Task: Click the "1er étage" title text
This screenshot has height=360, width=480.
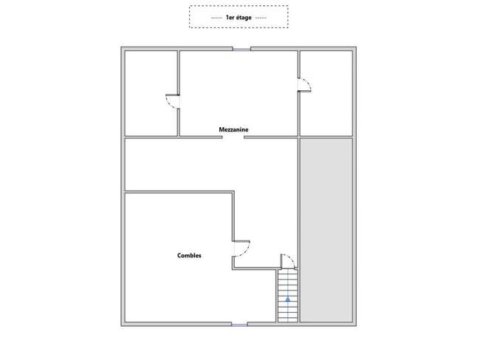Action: click(x=239, y=18)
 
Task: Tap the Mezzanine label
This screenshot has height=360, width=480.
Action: click(x=233, y=129)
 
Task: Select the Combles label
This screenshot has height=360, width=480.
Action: click(x=189, y=256)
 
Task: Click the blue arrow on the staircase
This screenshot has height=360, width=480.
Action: click(x=288, y=299)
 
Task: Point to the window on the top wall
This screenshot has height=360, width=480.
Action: click(x=241, y=49)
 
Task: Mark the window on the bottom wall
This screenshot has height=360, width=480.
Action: click(x=239, y=325)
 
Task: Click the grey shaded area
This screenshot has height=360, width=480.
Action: click(x=326, y=230)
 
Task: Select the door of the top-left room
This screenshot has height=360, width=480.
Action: click(x=173, y=101)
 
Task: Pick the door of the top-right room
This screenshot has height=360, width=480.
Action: click(x=304, y=85)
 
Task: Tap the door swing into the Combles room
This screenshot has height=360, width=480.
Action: click(x=241, y=248)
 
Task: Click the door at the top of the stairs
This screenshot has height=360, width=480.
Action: click(x=288, y=262)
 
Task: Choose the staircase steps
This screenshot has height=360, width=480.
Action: click(x=288, y=296)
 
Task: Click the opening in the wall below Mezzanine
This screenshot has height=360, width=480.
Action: click(x=233, y=137)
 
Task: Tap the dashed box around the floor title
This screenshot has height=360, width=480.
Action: click(x=239, y=6)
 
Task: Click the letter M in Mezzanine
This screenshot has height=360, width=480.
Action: click(x=222, y=129)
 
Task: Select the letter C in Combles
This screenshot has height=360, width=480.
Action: click(x=179, y=256)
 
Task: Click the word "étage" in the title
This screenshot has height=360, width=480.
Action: click(x=244, y=18)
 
